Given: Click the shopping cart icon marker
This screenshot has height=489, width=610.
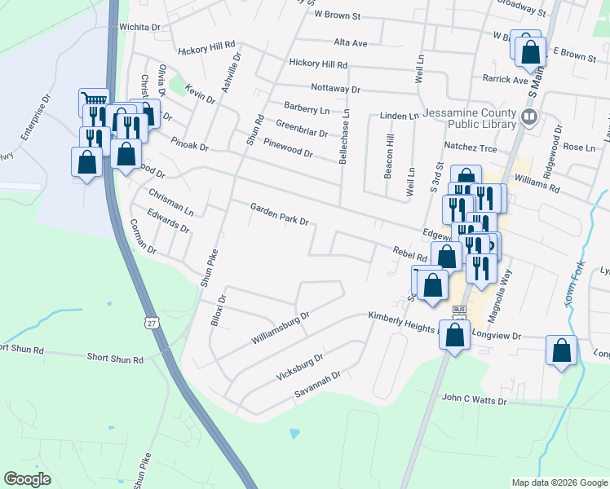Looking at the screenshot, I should [x=94, y=103].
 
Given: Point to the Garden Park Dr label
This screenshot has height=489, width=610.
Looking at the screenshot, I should [x=279, y=215].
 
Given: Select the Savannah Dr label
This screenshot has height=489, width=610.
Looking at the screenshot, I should [x=317, y=385].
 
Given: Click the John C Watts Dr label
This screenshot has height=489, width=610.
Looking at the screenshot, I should [x=474, y=400].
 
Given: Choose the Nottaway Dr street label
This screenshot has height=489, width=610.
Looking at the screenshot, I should [x=334, y=88].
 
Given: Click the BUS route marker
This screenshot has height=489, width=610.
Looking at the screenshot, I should [x=459, y=310].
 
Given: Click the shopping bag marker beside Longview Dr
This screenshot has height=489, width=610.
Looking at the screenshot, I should [x=454, y=333].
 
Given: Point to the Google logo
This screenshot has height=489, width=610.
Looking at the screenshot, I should [x=27, y=479].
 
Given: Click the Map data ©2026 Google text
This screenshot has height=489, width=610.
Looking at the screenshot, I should [x=559, y=482].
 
